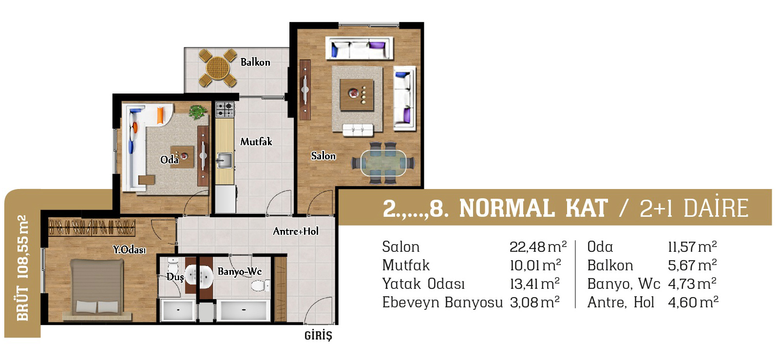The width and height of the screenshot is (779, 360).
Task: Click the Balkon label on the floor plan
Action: (x=255, y=62)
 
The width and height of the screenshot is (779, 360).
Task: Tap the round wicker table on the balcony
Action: (x=218, y=68)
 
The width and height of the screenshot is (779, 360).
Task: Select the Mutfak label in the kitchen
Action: (x=256, y=142)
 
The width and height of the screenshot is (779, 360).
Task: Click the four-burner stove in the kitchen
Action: (x=225, y=110)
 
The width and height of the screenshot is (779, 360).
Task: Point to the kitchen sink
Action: (x=224, y=161)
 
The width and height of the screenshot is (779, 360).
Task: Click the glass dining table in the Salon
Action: (x=383, y=163)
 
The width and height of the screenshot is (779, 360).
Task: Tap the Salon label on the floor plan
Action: (x=323, y=156)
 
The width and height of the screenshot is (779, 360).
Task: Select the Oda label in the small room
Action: (x=170, y=160)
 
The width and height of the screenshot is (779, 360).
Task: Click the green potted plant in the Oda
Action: (x=198, y=112)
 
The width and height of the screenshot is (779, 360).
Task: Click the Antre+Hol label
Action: (x=296, y=231)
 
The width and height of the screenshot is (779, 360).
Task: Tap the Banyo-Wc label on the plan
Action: (x=240, y=271)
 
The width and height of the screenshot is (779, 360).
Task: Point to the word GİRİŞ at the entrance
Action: (x=318, y=335)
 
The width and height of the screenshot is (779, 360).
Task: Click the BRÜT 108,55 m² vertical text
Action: (x=22, y=268)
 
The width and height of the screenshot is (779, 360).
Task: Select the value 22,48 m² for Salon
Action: (x=538, y=246)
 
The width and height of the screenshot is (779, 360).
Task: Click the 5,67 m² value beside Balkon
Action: (x=692, y=265)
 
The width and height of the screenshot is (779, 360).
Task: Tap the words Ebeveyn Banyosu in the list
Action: (x=442, y=302)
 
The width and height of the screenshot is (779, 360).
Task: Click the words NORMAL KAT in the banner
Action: (x=533, y=208)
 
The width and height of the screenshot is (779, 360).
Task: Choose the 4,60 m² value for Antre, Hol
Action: (x=693, y=302)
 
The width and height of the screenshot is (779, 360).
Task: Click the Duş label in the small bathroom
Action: (x=174, y=277)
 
